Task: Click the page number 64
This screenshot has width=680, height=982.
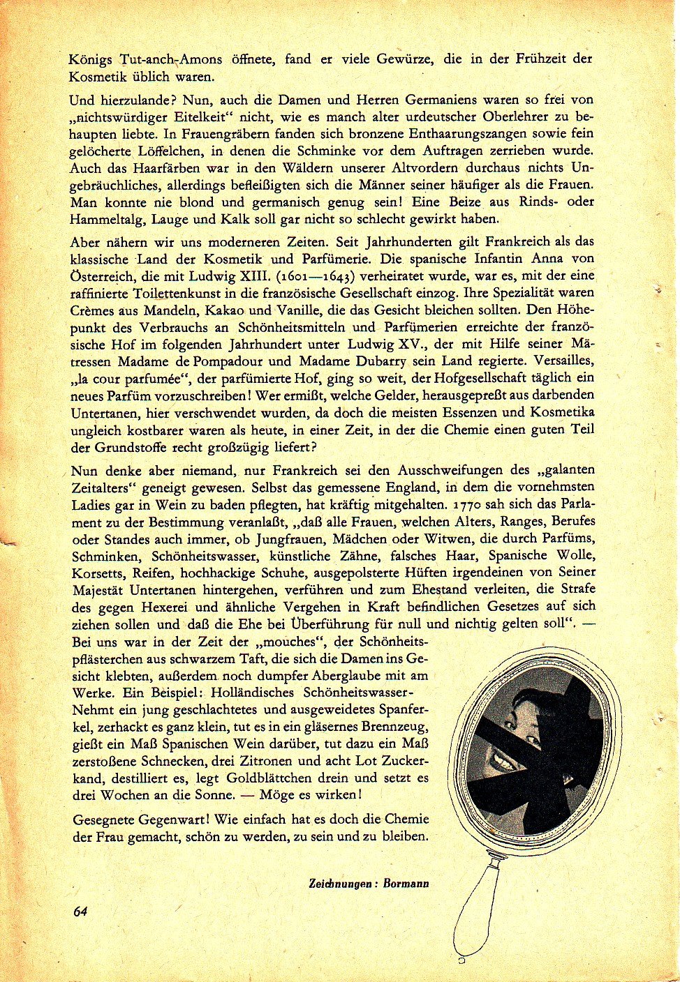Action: point(80,911)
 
